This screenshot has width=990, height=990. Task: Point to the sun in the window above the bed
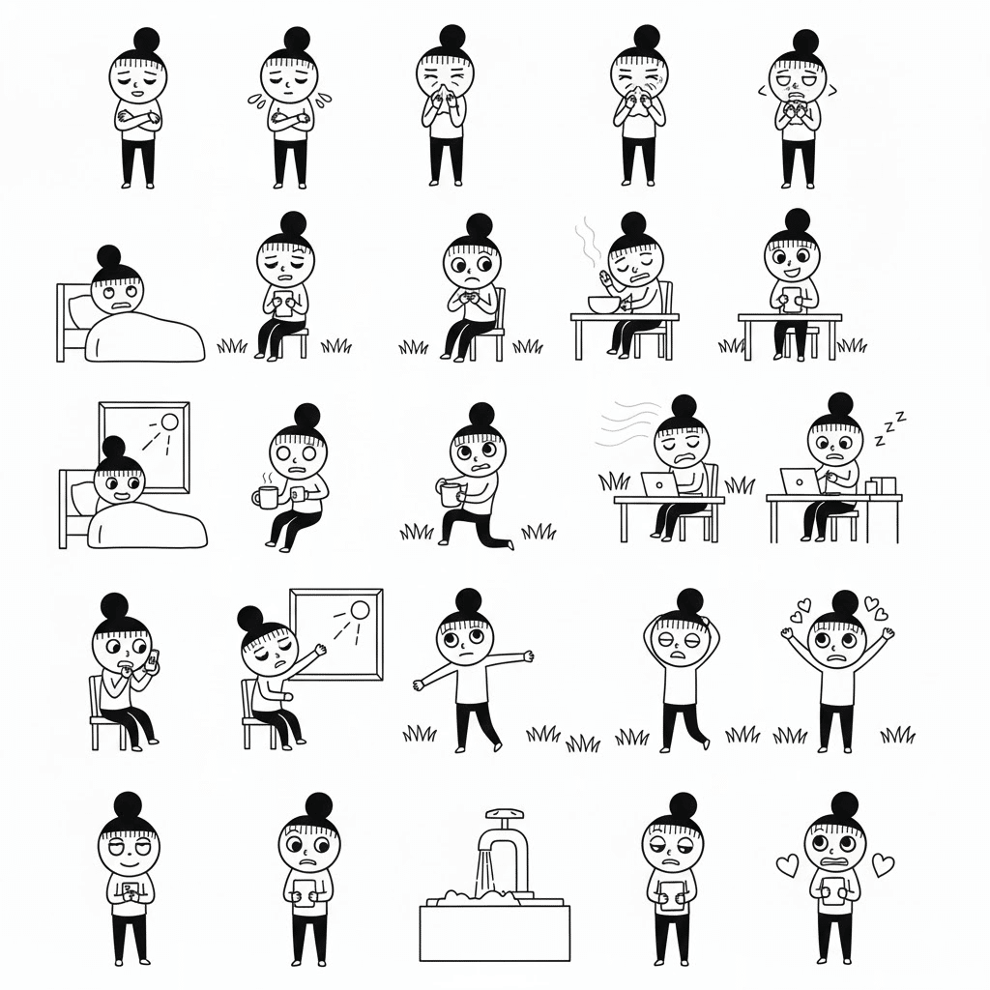(170, 422)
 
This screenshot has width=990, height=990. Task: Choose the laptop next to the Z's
(799, 480)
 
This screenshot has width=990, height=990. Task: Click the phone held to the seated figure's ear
(151, 660)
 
